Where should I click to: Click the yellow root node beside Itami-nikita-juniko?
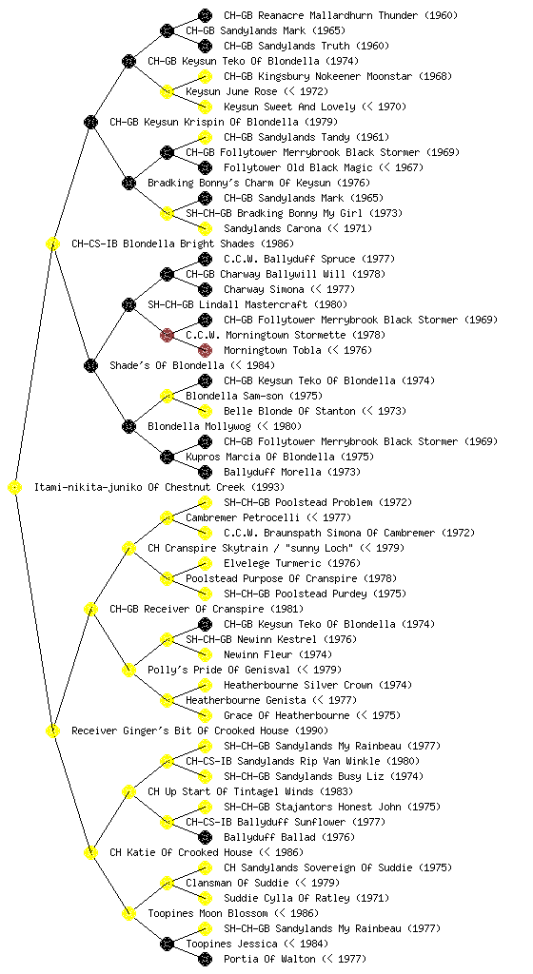[x=15, y=487]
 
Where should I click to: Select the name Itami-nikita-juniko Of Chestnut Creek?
[x=160, y=487]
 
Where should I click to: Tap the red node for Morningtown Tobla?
[x=205, y=350]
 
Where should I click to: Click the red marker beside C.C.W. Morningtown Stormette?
[x=167, y=335]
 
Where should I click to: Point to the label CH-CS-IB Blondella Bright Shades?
[x=183, y=243]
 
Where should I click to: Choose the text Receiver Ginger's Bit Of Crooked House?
[x=200, y=730]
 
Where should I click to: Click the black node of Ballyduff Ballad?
[x=205, y=837]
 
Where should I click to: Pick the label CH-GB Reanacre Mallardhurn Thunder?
[x=341, y=15]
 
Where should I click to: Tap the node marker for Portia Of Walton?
[x=205, y=959]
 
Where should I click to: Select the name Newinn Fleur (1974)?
[x=278, y=654]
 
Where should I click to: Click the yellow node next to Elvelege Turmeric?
[x=205, y=563]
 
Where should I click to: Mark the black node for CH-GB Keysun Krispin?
[x=90, y=122]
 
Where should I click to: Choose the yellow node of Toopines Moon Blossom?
[x=128, y=913]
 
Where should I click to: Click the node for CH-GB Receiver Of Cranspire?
[x=90, y=609]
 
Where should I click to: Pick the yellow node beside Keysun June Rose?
[x=167, y=92]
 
